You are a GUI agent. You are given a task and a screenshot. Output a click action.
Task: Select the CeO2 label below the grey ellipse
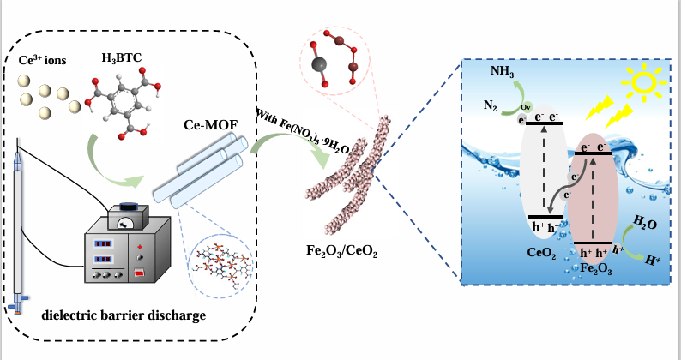tap(545, 255)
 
